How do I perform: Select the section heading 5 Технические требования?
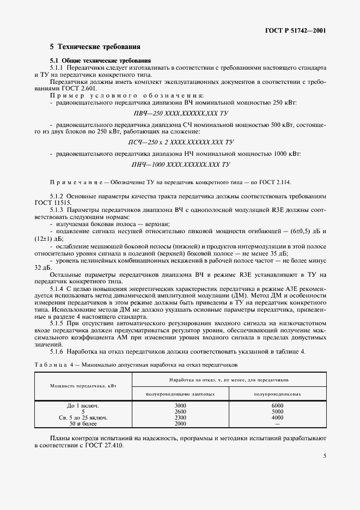[x=95, y=47]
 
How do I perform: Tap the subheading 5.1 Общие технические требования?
[x=101, y=60]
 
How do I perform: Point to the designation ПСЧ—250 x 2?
[x=180, y=142]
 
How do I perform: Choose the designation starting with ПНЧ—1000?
[x=180, y=164]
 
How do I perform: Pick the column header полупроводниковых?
[x=278, y=393]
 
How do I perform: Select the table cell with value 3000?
[x=180, y=406]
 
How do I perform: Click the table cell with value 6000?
[x=277, y=406]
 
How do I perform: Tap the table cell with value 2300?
[x=180, y=417]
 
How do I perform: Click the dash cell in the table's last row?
[x=277, y=423]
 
